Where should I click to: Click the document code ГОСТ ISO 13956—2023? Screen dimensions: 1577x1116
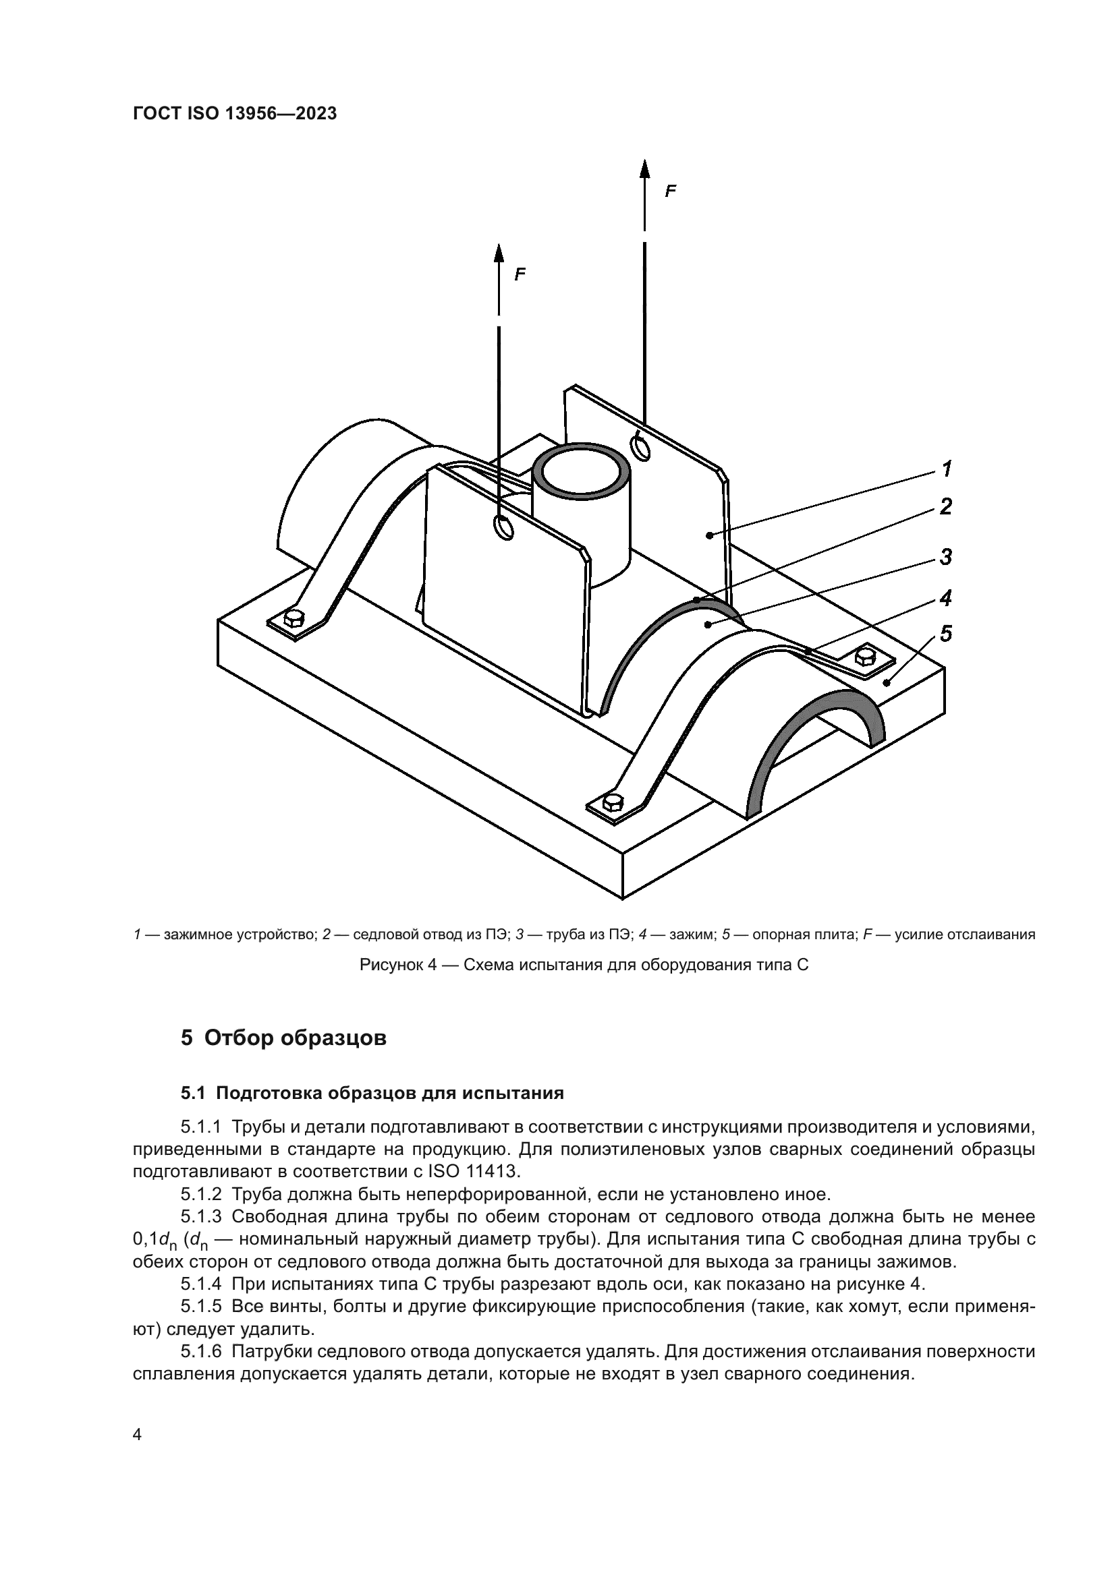234,114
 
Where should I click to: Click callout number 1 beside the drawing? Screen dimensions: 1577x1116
946,470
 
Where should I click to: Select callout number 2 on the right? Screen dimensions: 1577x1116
946,507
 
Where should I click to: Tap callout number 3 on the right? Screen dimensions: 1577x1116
946,557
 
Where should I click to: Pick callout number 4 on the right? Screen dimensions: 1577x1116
946,599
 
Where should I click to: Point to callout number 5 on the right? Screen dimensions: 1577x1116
946,634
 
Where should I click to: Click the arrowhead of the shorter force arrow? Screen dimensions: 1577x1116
499,253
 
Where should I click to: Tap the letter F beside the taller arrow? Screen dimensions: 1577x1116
671,191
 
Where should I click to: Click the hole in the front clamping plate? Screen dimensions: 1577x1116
504,527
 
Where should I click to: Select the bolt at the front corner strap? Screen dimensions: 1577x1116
612,802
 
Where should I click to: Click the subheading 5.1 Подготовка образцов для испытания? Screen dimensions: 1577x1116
372,1093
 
